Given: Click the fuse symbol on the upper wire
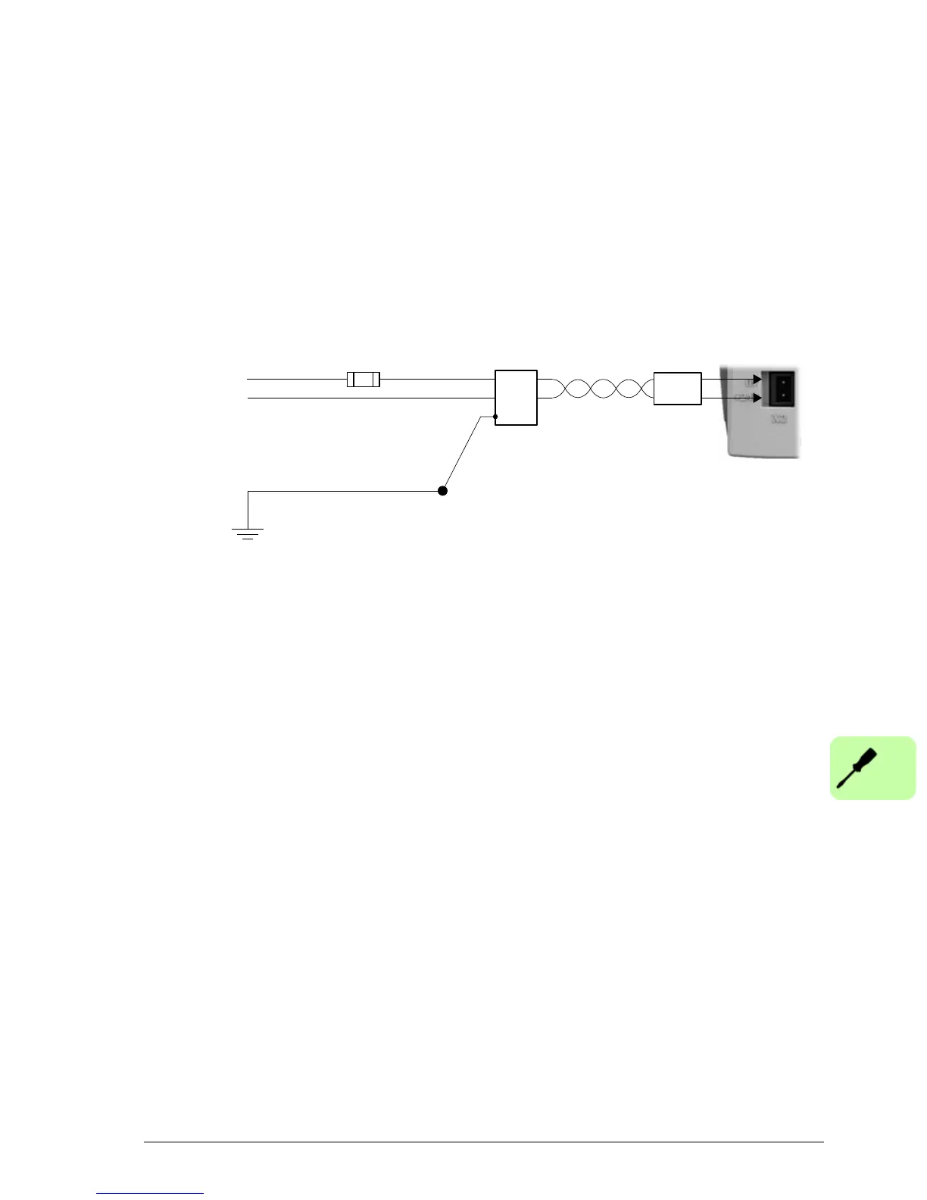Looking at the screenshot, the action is [x=363, y=380].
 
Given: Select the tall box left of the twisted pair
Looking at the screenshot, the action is [x=516, y=398].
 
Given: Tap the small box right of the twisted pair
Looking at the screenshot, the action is [x=677, y=389].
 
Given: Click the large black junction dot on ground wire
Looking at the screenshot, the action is [x=443, y=491].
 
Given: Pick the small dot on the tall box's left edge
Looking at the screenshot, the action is [x=495, y=417].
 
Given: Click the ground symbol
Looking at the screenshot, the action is [x=248, y=533].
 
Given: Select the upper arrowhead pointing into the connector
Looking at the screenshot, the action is [x=756, y=380].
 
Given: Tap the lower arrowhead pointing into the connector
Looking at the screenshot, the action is [x=756, y=398].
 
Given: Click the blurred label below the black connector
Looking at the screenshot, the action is [x=778, y=418].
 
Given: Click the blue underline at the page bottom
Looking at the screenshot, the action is [x=150, y=1193].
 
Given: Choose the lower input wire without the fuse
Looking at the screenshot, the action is [x=371, y=398].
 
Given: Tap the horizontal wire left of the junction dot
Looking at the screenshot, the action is [x=345, y=491].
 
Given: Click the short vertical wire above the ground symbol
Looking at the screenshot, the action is [x=248, y=509].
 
